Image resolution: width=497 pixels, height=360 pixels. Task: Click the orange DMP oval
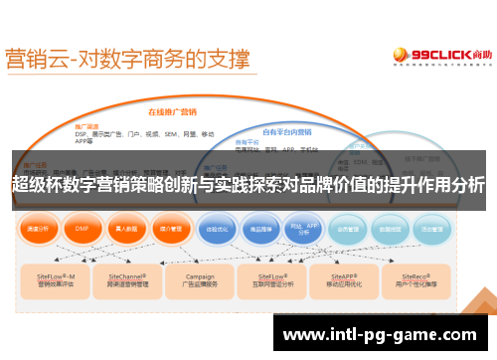tap(83, 228)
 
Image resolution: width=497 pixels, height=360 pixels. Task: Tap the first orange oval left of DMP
tap(39, 228)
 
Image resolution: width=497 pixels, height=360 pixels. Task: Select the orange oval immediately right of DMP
tap(125, 228)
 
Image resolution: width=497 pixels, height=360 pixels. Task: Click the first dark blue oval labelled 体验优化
tap(217, 228)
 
